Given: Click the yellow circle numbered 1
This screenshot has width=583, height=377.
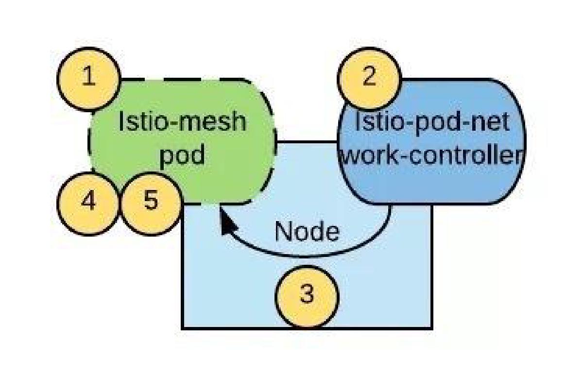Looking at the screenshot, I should (88, 79).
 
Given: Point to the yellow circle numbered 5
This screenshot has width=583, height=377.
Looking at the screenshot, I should (151, 202).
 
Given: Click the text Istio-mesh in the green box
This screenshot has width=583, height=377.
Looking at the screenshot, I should (183, 121).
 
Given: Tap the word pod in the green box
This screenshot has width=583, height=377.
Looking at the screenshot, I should (183, 156).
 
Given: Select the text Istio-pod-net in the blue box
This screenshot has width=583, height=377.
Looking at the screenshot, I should (432, 121).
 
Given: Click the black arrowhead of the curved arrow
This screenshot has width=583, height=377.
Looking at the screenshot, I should (224, 223).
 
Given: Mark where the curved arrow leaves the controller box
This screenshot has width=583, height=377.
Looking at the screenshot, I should (390, 206).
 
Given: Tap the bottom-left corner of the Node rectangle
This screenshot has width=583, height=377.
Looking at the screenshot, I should (183, 328).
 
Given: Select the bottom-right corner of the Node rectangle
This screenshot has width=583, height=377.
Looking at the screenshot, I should (431, 328).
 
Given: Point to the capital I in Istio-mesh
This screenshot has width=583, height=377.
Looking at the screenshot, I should (121, 121).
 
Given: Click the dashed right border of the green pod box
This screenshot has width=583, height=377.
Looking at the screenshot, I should (275, 141).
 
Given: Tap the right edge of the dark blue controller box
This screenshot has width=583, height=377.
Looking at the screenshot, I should (525, 141).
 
